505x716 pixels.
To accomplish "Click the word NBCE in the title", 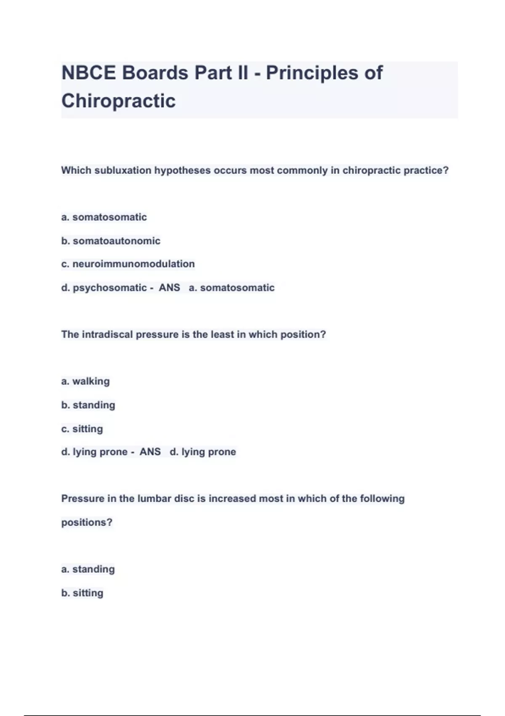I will click(88, 73).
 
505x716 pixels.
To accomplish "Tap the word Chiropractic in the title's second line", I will click(118, 101).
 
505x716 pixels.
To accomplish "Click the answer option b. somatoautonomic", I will click(111, 241).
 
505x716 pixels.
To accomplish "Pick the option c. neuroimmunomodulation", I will click(128, 264).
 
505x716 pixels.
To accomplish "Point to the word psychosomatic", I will click(109, 288).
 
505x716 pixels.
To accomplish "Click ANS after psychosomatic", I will click(169, 288).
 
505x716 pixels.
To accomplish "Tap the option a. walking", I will click(85, 381).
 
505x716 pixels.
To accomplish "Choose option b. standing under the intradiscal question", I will click(88, 405).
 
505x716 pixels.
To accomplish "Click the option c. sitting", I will click(82, 429).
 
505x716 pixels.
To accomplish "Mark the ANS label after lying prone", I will click(150, 452).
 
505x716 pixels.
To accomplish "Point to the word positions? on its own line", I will click(87, 523).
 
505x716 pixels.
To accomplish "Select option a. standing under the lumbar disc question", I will click(88, 569).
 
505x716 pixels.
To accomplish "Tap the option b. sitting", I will click(82, 593).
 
